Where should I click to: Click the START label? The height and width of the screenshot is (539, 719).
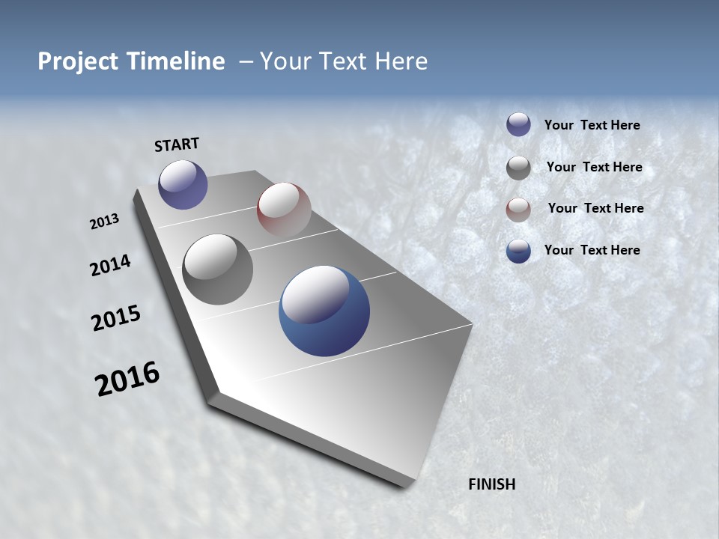(177, 144)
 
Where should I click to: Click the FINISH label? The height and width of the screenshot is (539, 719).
(492, 484)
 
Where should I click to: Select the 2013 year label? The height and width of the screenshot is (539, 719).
(104, 222)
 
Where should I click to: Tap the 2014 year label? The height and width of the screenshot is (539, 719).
(110, 265)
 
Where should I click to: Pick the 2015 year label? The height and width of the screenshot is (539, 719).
(116, 318)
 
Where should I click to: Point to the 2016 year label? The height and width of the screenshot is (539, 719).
(127, 379)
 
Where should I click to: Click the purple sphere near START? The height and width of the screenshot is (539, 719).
(183, 184)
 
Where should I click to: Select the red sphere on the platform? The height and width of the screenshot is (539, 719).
(284, 209)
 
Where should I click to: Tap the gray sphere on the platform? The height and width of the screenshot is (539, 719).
(218, 269)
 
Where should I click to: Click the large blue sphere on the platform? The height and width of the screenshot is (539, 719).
(324, 311)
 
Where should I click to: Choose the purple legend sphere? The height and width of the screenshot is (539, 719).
(518, 124)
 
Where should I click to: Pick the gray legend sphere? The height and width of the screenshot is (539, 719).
(518, 168)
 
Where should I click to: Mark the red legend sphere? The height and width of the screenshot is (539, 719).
(518, 210)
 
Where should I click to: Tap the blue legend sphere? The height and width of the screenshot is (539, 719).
(518, 252)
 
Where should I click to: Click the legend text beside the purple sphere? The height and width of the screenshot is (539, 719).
(592, 125)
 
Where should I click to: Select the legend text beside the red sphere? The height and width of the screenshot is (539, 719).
(595, 208)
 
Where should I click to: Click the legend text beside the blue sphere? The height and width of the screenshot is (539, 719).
(592, 250)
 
